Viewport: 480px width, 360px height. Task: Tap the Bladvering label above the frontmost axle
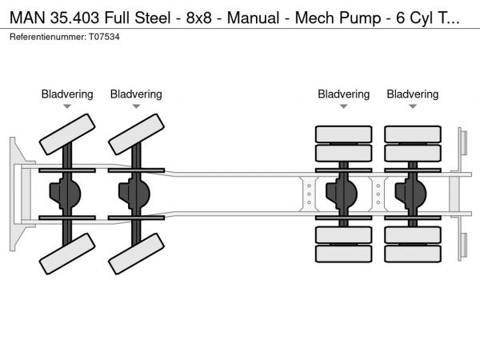pyautogui.click(x=67, y=94)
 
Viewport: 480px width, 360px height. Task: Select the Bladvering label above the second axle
pyautogui.click(x=136, y=94)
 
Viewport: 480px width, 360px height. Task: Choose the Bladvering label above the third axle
pyautogui.click(x=343, y=94)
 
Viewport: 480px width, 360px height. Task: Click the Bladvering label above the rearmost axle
pyautogui.click(x=412, y=94)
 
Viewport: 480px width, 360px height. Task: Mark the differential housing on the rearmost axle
pyautogui.click(x=411, y=193)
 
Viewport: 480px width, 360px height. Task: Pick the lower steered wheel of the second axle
pyautogui.click(x=136, y=254)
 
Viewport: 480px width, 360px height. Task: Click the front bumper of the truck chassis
pyautogui.click(x=15, y=193)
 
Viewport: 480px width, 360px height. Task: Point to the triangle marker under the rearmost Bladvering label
pyautogui.click(x=412, y=106)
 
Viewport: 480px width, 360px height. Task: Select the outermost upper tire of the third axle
pyautogui.click(x=343, y=133)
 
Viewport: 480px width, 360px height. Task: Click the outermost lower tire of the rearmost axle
pyautogui.click(x=412, y=254)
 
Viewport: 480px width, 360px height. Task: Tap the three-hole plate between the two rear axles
pyautogui.click(x=378, y=193)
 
